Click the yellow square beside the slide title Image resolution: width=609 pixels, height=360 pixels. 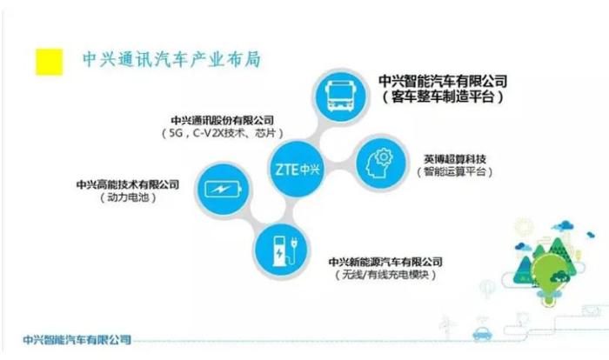50,62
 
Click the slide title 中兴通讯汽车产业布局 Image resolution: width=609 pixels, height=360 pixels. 171,60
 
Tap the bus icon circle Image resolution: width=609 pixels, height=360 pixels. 341,97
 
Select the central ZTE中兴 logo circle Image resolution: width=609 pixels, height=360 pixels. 298,169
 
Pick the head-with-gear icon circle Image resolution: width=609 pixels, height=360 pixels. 381,163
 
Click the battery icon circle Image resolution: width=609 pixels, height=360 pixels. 223,190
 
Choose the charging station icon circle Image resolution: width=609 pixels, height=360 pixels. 281,250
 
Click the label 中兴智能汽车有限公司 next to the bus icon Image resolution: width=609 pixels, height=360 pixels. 443,81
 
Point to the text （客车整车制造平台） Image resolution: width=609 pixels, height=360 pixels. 443,97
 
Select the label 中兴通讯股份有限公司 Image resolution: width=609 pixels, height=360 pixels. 222,120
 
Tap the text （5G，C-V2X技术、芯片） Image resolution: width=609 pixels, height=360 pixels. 222,133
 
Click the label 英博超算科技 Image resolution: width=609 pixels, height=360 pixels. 455,159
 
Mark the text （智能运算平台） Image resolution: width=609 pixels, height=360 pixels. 455,171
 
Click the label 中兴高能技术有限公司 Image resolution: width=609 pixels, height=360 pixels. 128,184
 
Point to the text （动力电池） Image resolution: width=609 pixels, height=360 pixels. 128,197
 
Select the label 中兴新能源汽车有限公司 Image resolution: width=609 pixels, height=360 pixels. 385,262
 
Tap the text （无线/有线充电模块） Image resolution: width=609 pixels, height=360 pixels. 385,275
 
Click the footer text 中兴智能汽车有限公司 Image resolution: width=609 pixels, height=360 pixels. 77,340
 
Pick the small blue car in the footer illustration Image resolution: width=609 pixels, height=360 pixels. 482,334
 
